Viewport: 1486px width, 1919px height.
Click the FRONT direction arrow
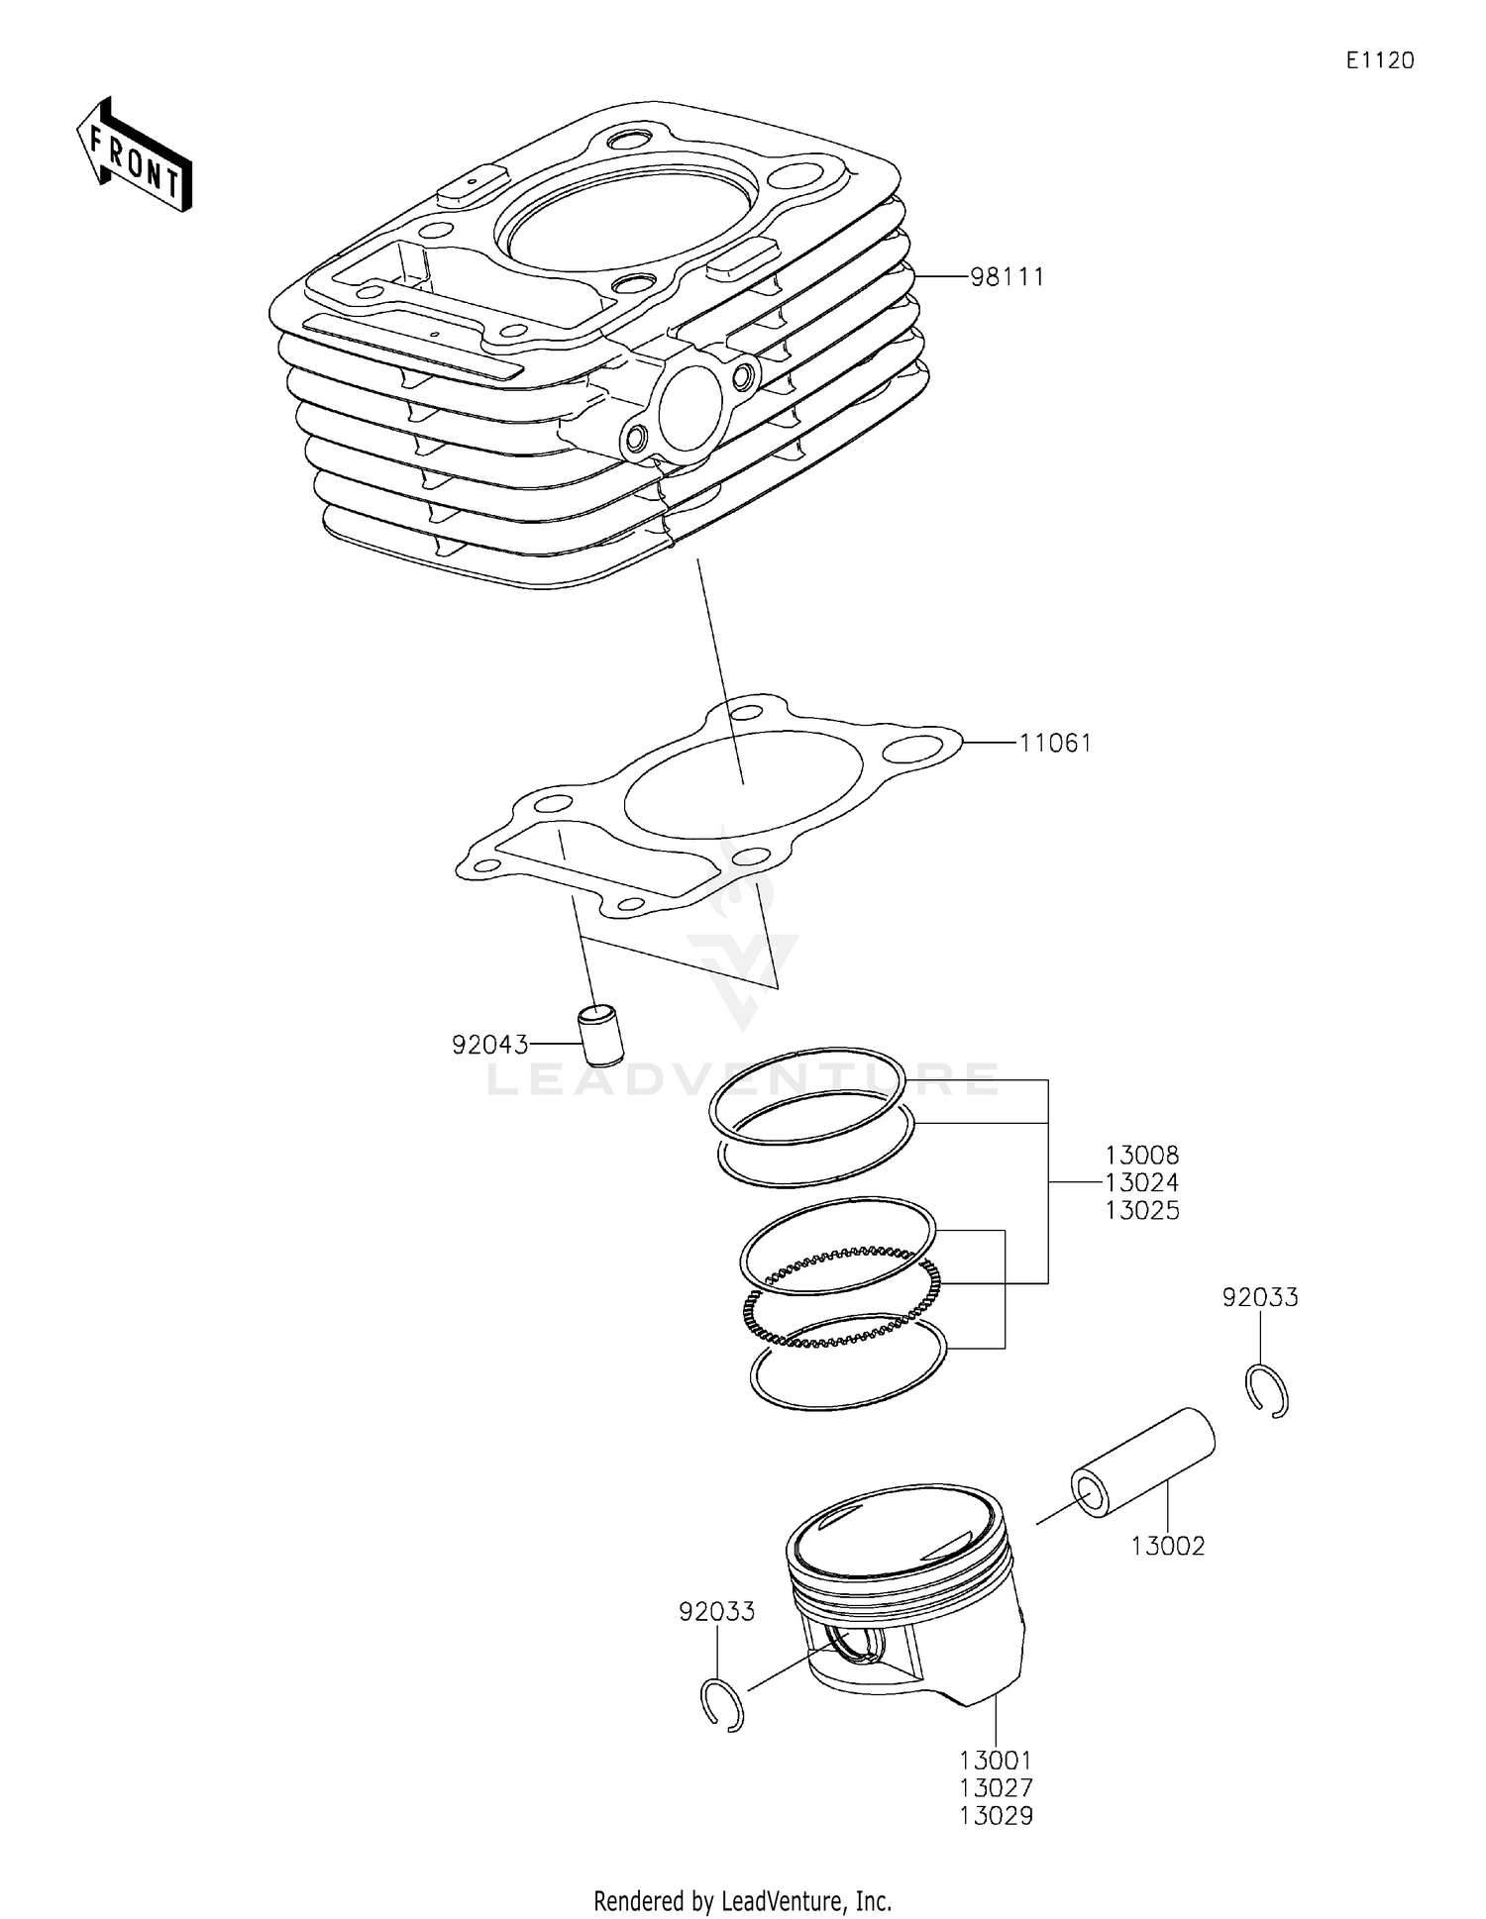[134, 156]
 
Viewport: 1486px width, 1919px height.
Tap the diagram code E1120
[1379, 61]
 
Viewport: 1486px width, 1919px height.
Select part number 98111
[1007, 277]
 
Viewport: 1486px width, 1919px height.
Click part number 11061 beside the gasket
[1056, 743]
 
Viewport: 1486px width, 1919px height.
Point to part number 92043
[489, 1045]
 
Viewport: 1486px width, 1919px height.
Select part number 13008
[1142, 1155]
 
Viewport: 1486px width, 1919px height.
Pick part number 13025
[1142, 1210]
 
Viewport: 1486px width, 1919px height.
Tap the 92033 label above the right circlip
[1259, 1297]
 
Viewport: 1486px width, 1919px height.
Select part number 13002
[1168, 1546]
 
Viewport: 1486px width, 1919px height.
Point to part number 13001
[996, 1761]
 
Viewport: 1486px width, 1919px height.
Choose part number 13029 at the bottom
[996, 1816]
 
